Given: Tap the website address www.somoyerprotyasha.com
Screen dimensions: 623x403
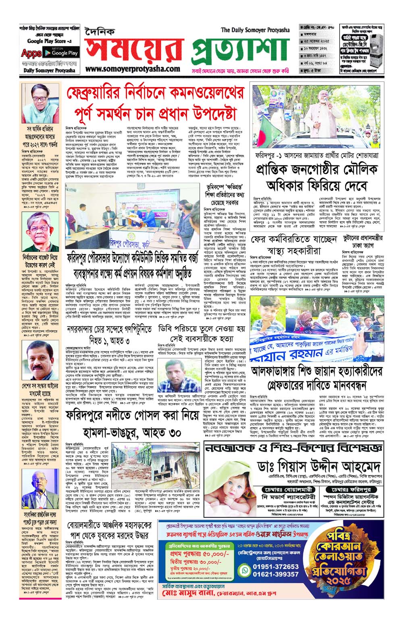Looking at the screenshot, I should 132,69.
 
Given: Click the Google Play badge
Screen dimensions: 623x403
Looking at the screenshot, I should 64,53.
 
